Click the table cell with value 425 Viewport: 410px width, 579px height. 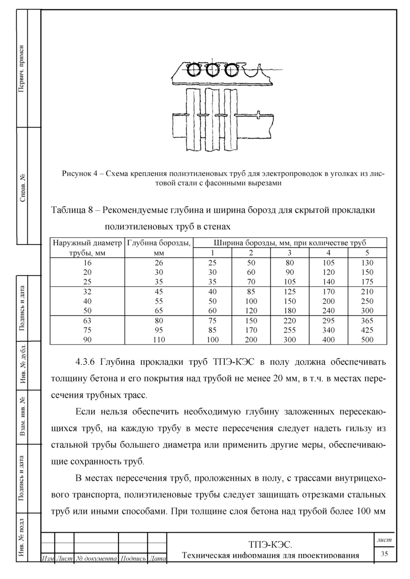[367, 330]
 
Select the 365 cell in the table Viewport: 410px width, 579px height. [367, 321]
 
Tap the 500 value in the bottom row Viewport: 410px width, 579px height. [367, 340]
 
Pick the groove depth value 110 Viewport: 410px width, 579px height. [159, 340]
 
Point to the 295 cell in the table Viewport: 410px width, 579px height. [328, 321]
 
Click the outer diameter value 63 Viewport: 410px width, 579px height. [87, 321]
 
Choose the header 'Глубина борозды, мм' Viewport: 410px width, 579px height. [159, 247]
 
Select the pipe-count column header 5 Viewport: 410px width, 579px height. [367, 253]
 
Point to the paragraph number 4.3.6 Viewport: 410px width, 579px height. [84, 363]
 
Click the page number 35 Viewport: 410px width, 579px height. [384, 554]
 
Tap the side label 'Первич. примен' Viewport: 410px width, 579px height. [22, 68]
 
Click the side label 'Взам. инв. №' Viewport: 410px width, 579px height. [22, 416]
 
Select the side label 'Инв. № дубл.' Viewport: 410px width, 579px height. [22, 366]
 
